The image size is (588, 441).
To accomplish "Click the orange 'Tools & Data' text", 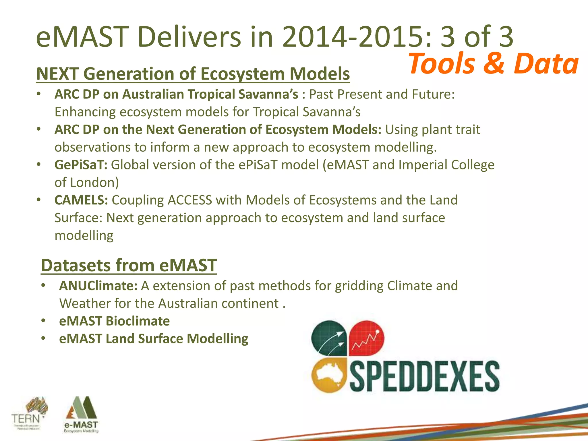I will tap(493, 64).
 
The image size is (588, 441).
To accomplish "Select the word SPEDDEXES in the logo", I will tap(424, 376).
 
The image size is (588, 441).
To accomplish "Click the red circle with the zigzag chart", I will tap(367, 338).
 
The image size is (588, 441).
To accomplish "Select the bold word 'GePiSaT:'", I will tap(81, 165).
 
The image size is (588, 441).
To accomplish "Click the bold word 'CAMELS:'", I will tap(81, 200).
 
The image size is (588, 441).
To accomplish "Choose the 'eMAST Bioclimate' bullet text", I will tap(114, 321).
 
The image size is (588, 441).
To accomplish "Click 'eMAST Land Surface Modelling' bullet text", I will tap(154, 339).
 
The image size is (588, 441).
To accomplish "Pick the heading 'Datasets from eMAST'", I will tap(129, 265).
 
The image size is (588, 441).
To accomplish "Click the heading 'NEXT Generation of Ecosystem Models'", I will tap(193, 74).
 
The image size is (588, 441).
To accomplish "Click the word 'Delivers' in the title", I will tap(189, 37).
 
